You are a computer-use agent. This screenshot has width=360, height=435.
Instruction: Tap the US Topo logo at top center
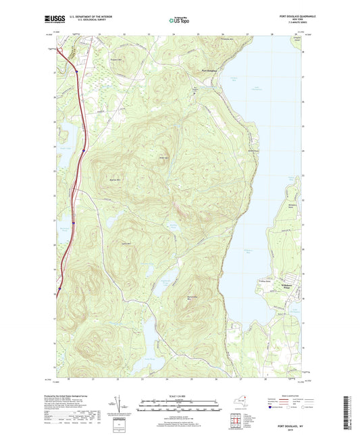pyautogui.click(x=179, y=20)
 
